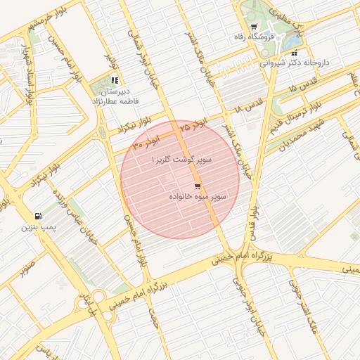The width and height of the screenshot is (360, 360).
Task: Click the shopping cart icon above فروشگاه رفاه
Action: pyautogui.click(x=253, y=27)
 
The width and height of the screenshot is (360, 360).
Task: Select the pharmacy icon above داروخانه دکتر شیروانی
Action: pyautogui.click(x=294, y=53)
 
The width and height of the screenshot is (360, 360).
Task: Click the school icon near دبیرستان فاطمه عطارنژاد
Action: pyautogui.click(x=115, y=80)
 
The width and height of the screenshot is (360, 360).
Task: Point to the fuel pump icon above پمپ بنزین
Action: pyautogui.click(x=37, y=216)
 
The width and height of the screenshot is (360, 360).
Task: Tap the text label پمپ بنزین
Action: pyautogui.click(x=37, y=227)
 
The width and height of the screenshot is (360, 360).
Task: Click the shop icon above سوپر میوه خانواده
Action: pyautogui.click(x=198, y=186)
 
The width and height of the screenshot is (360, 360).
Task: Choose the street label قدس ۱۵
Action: pyautogui.click(x=302, y=89)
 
